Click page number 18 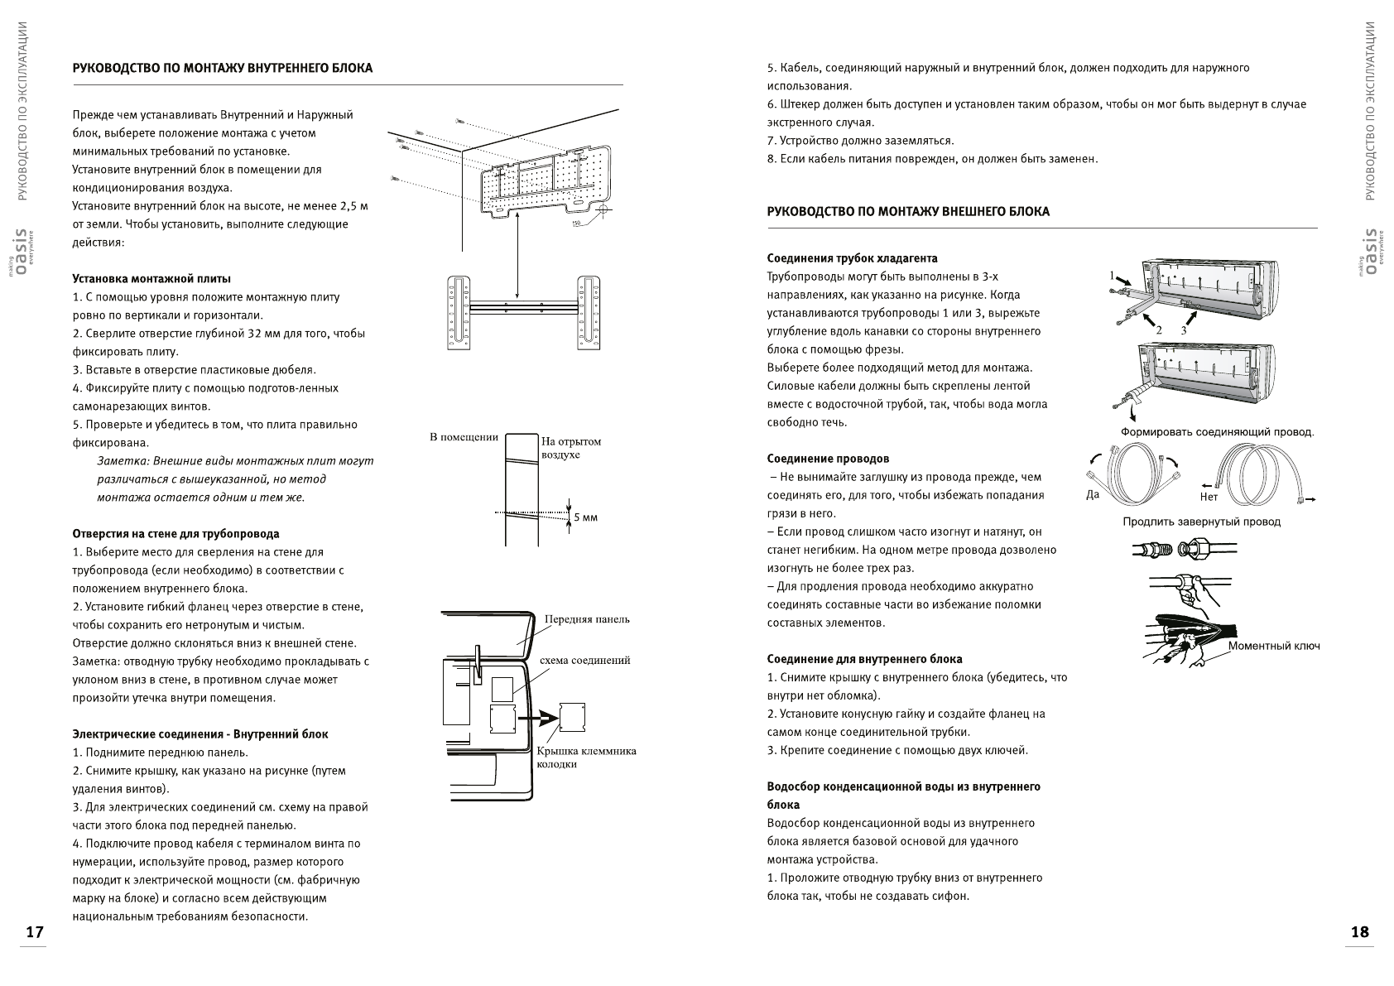tap(1359, 931)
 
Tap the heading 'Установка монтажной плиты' tap(151, 279)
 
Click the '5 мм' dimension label tap(585, 517)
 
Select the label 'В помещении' tap(464, 437)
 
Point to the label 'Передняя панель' tap(587, 619)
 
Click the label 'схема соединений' tap(584, 660)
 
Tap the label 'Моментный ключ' tap(1274, 646)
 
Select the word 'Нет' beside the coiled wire tap(1209, 497)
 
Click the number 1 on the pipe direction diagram tap(1113, 275)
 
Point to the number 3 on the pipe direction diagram tap(1183, 329)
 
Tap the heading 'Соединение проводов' tap(828, 459)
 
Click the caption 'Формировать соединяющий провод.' tap(1217, 432)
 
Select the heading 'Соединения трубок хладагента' tap(852, 258)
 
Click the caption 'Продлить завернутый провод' tap(1201, 522)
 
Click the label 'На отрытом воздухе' tap(571, 448)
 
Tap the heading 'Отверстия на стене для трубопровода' tap(175, 534)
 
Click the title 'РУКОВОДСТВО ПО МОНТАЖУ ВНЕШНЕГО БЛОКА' tap(908, 212)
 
